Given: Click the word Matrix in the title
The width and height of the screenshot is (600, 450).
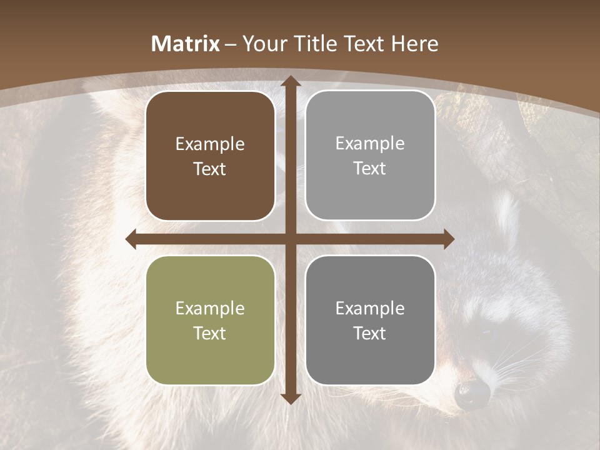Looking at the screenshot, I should click(186, 44).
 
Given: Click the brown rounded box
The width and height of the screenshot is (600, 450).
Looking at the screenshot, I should click(210, 156).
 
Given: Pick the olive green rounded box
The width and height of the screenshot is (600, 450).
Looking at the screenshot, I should click(210, 320).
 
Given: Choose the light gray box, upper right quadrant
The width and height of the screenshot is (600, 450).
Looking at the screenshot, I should click(370, 156).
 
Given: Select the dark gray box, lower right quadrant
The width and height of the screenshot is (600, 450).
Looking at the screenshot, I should click(370, 320).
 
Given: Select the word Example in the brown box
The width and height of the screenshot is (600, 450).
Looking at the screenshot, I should click(210, 144).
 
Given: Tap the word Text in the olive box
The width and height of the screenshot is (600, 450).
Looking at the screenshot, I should click(210, 333).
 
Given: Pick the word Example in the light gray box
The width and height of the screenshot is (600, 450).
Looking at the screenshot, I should click(370, 144).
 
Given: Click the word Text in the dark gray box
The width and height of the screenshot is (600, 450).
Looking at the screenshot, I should click(370, 333).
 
